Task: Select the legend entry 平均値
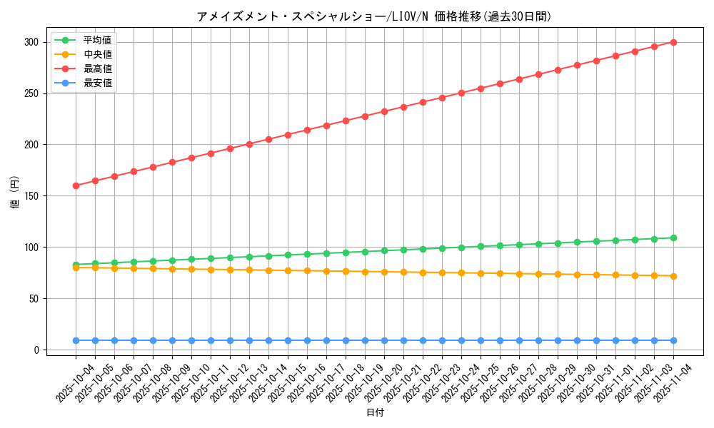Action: (98, 40)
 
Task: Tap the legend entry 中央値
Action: (98, 54)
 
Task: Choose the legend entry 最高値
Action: (98, 68)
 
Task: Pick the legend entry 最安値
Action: (98, 83)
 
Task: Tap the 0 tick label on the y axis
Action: (34, 350)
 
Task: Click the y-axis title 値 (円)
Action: (14, 193)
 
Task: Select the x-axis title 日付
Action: (375, 413)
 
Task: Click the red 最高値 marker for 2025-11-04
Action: (673, 42)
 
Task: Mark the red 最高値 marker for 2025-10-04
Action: (76, 185)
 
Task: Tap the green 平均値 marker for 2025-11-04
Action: (673, 238)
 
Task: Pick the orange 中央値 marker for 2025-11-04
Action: (673, 276)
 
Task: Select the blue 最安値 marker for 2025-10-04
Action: (76, 340)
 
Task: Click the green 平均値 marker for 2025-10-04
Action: (76, 265)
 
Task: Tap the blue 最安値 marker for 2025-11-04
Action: (673, 340)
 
